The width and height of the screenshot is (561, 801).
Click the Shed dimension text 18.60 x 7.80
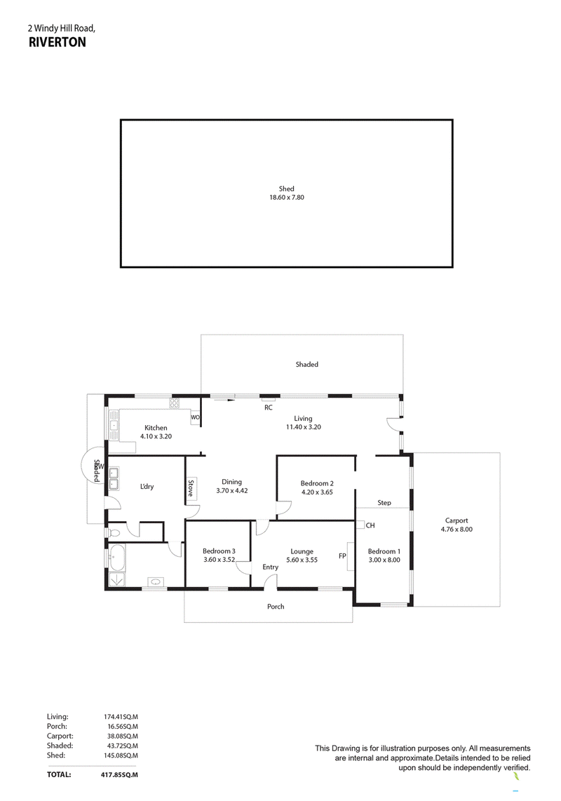[287, 197]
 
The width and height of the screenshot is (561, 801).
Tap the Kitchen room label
[156, 428]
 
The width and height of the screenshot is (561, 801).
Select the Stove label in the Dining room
[191, 488]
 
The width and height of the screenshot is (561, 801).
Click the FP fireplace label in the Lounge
[342, 556]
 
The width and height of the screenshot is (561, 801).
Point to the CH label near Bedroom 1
[370, 525]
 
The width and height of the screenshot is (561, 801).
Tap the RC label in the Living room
[269, 408]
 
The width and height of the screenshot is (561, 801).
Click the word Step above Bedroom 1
[384, 503]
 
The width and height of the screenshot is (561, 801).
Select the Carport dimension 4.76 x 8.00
[457, 530]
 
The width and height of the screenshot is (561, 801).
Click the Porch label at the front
[276, 607]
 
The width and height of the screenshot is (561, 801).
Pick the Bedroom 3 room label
[219, 551]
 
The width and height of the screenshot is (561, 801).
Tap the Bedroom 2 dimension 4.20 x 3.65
[317, 492]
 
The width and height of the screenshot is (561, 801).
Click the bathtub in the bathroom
[118, 558]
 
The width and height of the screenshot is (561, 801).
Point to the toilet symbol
[114, 533]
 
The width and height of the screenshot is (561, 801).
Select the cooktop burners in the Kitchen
[175, 403]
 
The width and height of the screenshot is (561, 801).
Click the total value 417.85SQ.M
[119, 774]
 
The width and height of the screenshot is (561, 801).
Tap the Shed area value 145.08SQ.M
[121, 755]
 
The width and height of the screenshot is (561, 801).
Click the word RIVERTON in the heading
[58, 42]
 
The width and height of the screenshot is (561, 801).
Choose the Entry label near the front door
[270, 567]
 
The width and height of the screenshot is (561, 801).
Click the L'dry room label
[147, 486]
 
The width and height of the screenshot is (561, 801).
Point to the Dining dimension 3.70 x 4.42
[232, 490]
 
